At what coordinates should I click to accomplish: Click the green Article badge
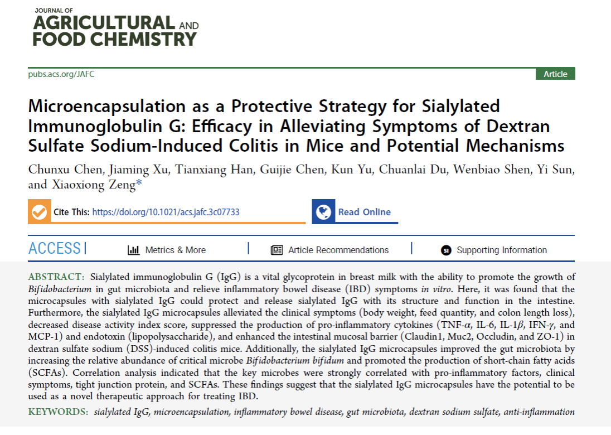pos(555,74)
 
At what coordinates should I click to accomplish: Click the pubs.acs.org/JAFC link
pos(61,74)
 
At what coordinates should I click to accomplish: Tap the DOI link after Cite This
pos(166,212)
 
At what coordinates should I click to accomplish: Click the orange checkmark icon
pos(39,212)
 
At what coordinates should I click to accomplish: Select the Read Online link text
pos(364,212)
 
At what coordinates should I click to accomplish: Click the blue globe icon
pos(323,212)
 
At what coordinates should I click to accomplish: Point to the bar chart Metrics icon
pos(133,250)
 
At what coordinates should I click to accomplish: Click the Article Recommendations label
pos(338,250)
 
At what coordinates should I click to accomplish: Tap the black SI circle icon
pos(445,250)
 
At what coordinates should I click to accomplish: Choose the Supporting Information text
pos(502,250)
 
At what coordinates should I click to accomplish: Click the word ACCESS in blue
pos(55,249)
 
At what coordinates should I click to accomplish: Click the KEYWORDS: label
pos(58,412)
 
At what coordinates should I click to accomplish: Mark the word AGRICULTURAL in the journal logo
pos(103,23)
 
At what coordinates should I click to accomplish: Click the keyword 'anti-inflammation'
pos(539,412)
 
